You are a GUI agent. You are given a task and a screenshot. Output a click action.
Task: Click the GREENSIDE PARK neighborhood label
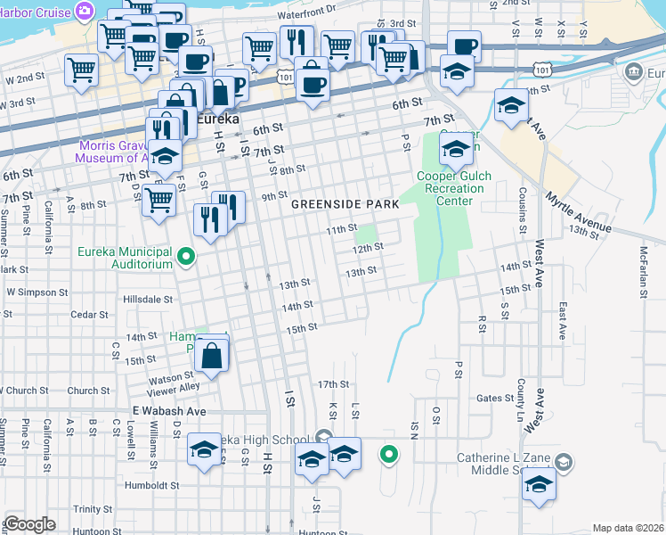point(346,204)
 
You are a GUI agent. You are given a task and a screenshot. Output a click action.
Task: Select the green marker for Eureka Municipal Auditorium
point(186,259)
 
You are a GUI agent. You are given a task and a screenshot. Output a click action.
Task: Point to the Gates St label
point(495,398)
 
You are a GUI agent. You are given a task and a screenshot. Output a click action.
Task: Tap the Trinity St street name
point(92,508)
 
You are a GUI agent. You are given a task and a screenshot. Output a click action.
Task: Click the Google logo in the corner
point(29,524)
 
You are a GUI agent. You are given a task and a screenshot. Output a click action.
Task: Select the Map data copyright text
point(627,528)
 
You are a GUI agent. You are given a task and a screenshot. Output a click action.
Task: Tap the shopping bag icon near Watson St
point(213,357)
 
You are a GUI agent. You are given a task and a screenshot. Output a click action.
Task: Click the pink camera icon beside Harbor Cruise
point(85,10)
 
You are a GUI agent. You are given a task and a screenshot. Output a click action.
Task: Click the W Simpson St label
point(37,292)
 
